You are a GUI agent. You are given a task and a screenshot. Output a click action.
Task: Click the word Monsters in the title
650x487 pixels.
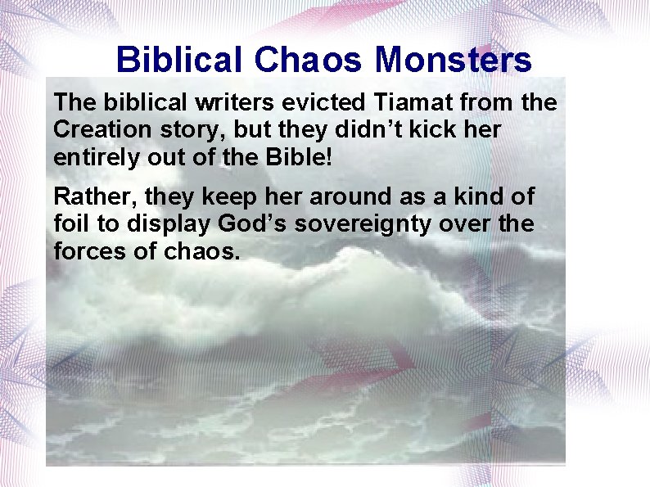pyautogui.click(x=454, y=60)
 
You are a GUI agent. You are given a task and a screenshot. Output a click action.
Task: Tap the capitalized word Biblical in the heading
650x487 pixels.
pyautogui.click(x=179, y=60)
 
